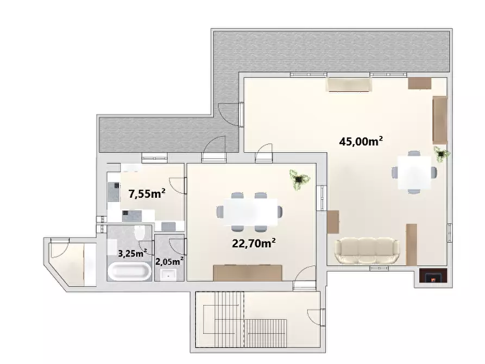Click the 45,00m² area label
pos(361,141)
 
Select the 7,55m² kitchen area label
pos(147,193)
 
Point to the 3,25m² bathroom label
pos(133,253)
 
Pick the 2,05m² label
pos(169,261)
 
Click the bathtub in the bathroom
pos(129,272)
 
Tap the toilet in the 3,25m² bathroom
pos(139,234)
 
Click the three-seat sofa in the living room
pos(367,251)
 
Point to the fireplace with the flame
pos(432,278)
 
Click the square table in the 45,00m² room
pos(414,172)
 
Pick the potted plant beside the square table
pos(440,154)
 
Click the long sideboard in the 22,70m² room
pos(248,272)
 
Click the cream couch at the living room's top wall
pos(349,85)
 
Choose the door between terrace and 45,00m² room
pos(235,115)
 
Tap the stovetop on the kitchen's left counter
pos(116,190)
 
